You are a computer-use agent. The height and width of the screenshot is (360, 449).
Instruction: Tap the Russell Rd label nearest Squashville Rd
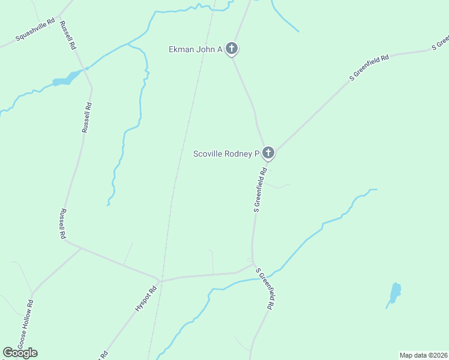(67, 36)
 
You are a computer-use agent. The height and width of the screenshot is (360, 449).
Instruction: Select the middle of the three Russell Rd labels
(86, 117)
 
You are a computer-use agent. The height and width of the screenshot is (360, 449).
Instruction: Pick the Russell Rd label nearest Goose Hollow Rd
(62, 224)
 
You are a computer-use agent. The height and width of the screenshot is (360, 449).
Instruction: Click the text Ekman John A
(196, 49)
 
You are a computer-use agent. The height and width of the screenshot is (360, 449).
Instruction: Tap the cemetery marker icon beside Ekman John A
(232, 49)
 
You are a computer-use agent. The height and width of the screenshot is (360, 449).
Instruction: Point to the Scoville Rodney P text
(226, 154)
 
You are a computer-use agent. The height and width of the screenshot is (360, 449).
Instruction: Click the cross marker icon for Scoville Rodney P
(268, 153)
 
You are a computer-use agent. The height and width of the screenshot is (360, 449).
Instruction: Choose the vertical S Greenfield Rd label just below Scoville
(260, 190)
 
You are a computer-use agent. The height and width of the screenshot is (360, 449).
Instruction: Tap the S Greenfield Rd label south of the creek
(265, 288)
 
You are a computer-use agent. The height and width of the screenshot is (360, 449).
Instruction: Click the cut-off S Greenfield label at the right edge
(441, 43)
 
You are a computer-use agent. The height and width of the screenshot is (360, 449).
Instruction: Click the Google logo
(20, 353)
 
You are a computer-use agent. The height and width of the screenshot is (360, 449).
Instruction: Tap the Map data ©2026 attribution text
(424, 355)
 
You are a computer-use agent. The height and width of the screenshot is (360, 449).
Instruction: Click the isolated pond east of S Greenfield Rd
(394, 293)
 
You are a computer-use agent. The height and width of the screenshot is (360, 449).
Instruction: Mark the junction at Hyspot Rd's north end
(158, 280)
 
